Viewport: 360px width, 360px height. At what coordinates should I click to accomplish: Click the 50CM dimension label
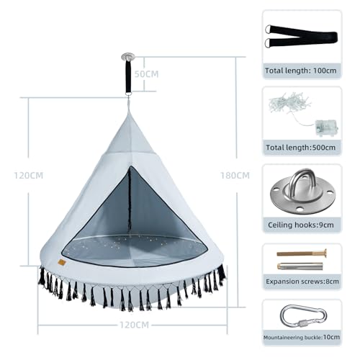pyautogui.click(x=146, y=74)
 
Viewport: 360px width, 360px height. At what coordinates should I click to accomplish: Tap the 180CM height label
pyautogui.click(x=235, y=176)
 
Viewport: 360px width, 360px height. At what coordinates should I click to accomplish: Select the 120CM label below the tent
pyautogui.click(x=135, y=325)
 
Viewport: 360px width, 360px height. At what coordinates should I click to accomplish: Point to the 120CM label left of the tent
pyautogui.click(x=29, y=176)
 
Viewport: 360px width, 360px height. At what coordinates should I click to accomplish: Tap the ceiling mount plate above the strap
pyautogui.click(x=128, y=57)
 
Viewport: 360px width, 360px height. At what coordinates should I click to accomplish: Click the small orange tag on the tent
pyautogui.click(x=62, y=263)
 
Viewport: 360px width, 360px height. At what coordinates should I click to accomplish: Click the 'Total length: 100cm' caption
pyautogui.click(x=301, y=71)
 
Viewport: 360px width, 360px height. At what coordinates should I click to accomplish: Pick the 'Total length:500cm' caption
pyautogui.click(x=301, y=148)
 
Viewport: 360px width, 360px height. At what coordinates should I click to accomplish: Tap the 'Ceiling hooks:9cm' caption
pyautogui.click(x=301, y=225)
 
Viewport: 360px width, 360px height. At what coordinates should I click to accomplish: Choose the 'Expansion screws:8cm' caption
pyautogui.click(x=302, y=282)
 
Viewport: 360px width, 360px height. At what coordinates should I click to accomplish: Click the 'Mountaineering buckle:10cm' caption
pyautogui.click(x=302, y=337)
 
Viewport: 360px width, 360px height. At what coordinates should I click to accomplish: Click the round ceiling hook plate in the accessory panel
pyautogui.click(x=302, y=191)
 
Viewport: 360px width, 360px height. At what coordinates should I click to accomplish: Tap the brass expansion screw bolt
pyautogui.click(x=302, y=253)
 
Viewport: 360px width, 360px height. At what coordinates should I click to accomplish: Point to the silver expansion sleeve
pyautogui.click(x=300, y=266)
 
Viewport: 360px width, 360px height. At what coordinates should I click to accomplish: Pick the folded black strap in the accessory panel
pyautogui.click(x=301, y=36)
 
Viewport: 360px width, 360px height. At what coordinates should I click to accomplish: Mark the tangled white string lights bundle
pyautogui.click(x=289, y=103)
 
